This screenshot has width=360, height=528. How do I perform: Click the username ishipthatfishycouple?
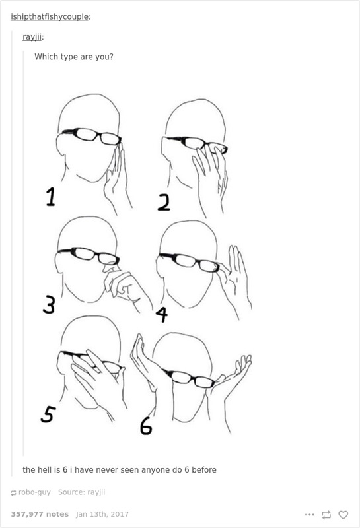point(50,17)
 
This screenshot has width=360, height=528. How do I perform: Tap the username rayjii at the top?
point(32,37)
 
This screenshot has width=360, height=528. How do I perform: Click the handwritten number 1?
point(50,197)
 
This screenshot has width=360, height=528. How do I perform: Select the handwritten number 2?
point(164,203)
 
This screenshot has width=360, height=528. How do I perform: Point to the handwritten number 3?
point(49,304)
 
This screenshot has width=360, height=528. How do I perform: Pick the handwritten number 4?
point(162,315)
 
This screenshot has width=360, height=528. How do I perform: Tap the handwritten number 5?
point(48,414)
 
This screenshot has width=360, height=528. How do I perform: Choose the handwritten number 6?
point(146,426)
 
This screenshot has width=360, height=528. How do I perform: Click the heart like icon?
point(343,515)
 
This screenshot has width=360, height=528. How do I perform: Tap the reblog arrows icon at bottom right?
point(326,515)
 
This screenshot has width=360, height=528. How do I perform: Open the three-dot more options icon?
point(309,515)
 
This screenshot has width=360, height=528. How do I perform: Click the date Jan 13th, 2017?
point(102,514)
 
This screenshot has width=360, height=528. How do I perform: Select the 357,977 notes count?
point(40,514)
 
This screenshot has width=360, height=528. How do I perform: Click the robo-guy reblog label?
point(30,492)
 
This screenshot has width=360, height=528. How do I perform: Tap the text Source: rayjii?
point(81,492)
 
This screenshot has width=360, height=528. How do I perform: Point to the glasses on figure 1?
point(92,135)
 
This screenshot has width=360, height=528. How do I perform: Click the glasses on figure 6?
point(190,378)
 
